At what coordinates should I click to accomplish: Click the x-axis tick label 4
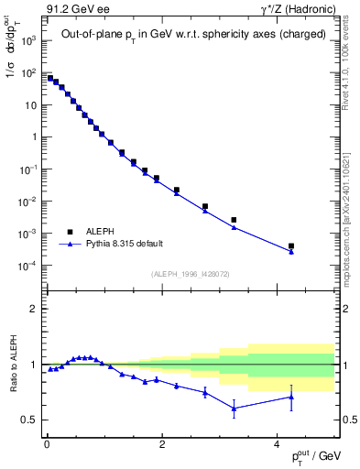(x=277, y=444)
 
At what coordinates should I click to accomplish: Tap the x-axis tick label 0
(x=46, y=444)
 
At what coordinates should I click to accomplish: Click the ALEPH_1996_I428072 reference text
(x=190, y=274)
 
